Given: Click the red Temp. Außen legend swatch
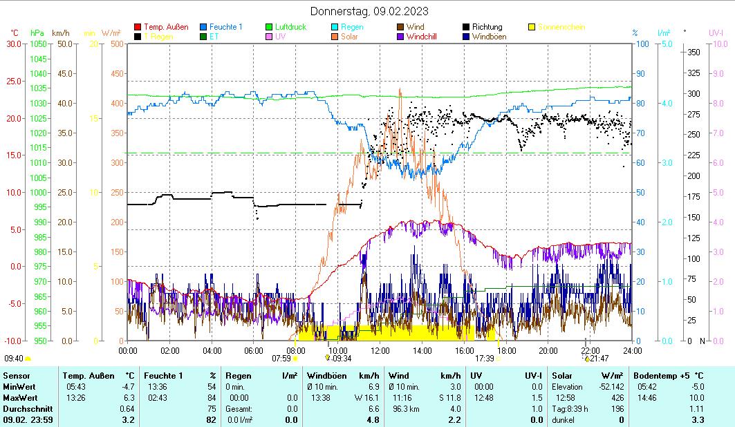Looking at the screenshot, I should pyautogui.click(x=138, y=28).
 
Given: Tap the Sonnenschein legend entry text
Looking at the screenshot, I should pyautogui.click(x=561, y=28).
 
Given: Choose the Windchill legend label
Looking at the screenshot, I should pyautogui.click(x=422, y=37).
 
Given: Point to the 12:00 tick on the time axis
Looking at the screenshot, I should pyautogui.click(x=380, y=350).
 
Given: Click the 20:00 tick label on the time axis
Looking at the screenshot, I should pyautogui.click(x=548, y=350).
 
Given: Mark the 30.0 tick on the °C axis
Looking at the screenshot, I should pyautogui.click(x=14, y=44).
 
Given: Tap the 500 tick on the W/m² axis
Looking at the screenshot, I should pyautogui.click(x=117, y=44).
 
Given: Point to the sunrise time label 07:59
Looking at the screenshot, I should pyautogui.click(x=281, y=359).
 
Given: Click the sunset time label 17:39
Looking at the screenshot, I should pyautogui.click(x=484, y=359).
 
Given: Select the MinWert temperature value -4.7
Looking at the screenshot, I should pyautogui.click(x=128, y=387).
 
